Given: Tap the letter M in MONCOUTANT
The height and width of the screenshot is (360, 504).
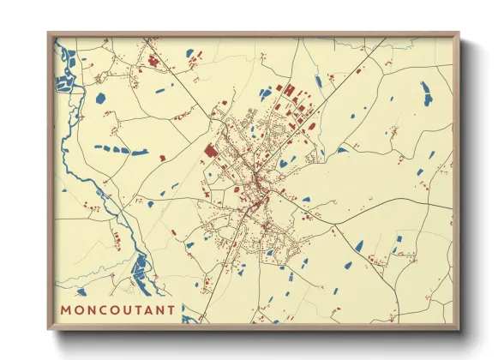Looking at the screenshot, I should pyautogui.click(x=66, y=309).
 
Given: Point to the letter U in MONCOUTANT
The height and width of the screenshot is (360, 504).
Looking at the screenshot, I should pyautogui.click(x=131, y=309).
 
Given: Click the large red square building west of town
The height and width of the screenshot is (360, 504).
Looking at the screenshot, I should pyautogui.click(x=210, y=151).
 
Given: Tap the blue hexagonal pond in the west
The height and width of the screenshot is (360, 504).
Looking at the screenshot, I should pyautogui.click(x=101, y=97).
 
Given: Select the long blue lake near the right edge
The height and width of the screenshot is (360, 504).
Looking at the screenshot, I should pyautogui.click(x=426, y=93).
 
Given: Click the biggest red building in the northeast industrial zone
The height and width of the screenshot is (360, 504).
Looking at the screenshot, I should pyautogui.click(x=289, y=90).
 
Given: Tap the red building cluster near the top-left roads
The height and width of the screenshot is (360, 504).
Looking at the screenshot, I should pyautogui.click(x=154, y=61).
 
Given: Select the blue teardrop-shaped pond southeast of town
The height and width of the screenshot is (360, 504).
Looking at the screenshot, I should pyautogui.click(x=358, y=247).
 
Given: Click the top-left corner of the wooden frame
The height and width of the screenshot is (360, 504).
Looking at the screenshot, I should pyautogui.click(x=50, y=34).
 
